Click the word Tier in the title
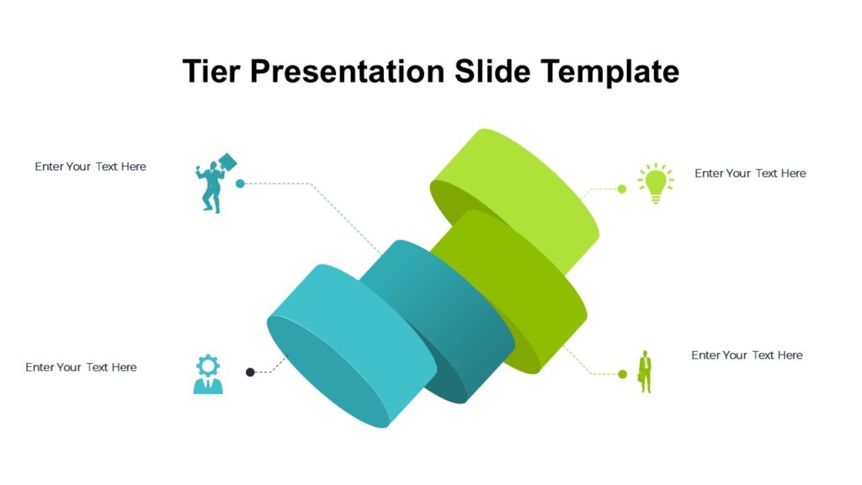coord(210,72)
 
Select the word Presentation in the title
coord(347,72)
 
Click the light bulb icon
coord(656,184)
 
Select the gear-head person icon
coord(208,375)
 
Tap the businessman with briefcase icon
coord(645,371)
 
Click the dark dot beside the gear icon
coord(250,372)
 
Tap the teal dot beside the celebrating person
coord(240,184)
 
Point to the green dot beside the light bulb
coord(622,189)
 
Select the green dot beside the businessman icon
coord(623,374)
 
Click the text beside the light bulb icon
coord(750,173)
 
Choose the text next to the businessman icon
coord(747,355)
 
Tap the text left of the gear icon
coord(81,367)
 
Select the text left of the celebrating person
coord(90,167)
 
